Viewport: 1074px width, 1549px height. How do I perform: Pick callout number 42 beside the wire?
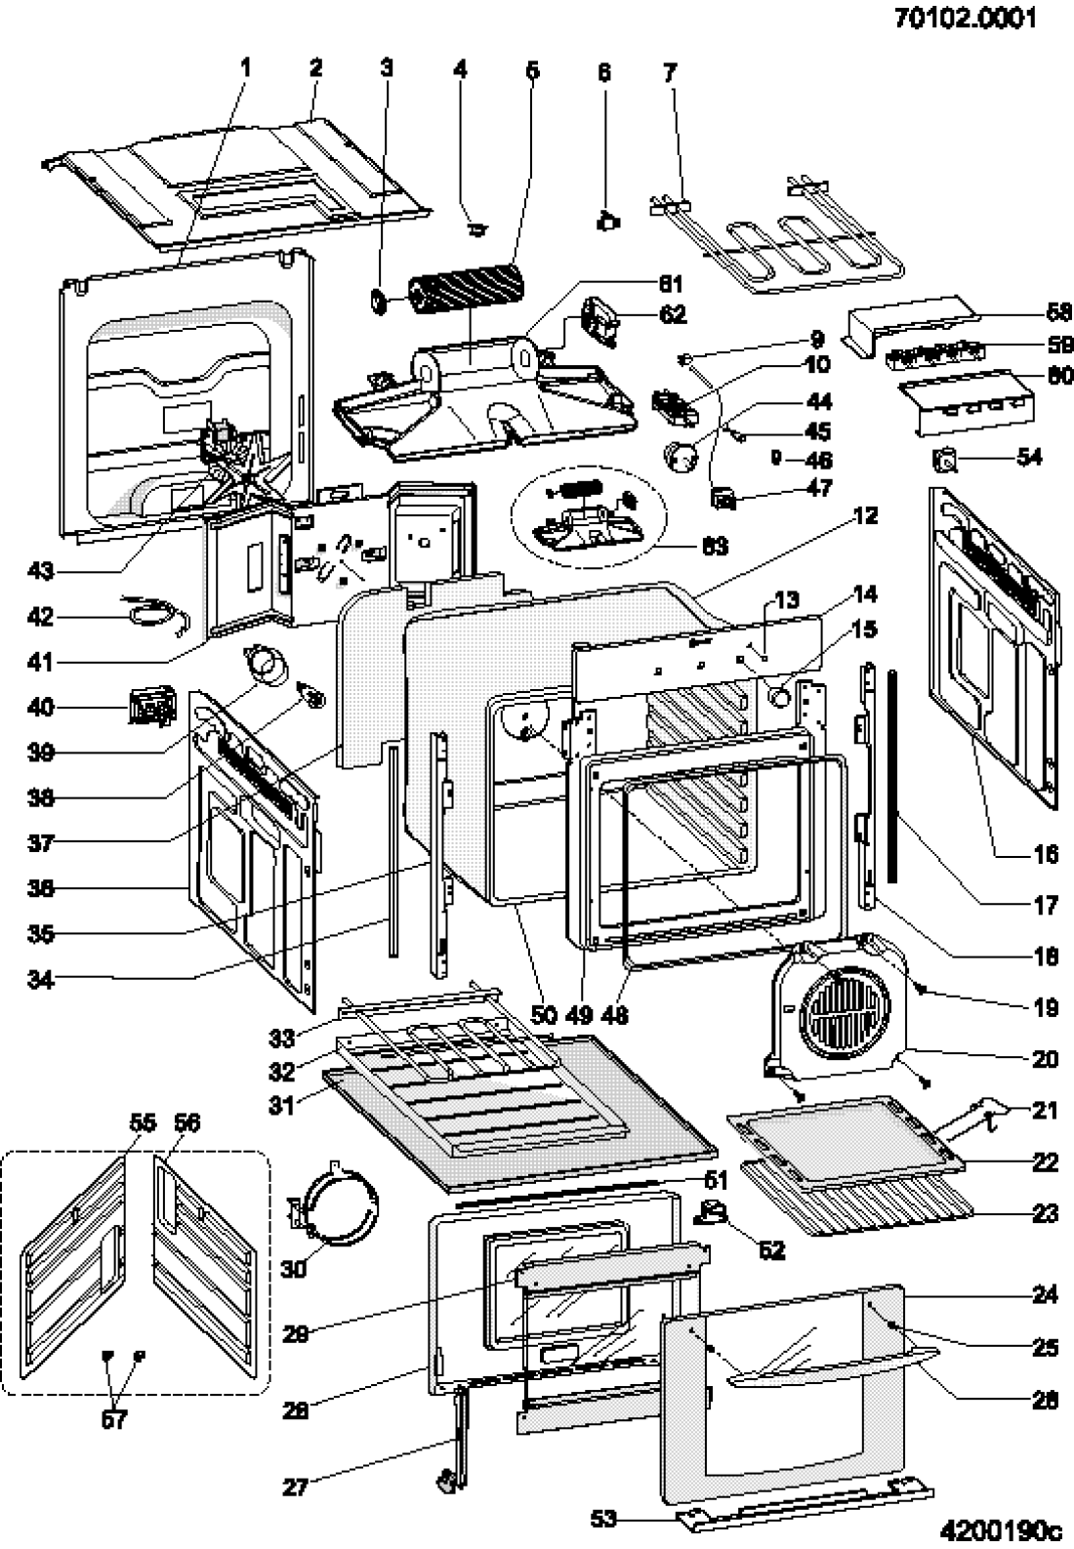coord(42,617)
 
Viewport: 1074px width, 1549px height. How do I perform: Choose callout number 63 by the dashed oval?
coord(715,546)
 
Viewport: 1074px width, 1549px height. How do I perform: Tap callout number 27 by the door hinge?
coord(295,1487)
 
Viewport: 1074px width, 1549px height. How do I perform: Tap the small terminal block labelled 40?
coord(151,707)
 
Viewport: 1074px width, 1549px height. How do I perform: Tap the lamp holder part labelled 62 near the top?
coord(602,320)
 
